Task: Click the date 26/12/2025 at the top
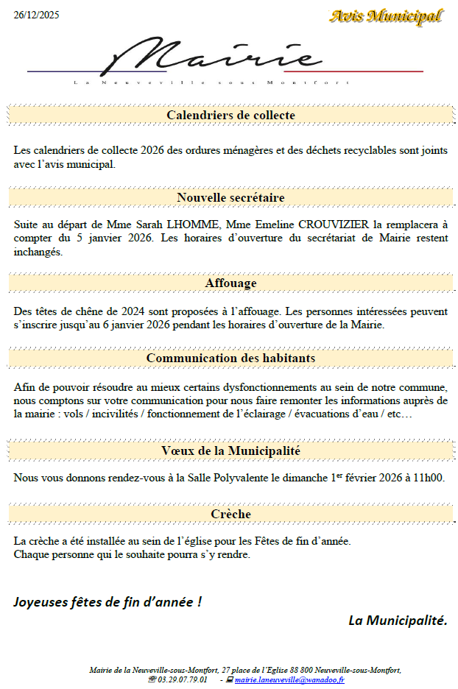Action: coord(37,15)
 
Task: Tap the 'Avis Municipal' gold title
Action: coord(386,16)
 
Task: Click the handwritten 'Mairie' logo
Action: coord(214,57)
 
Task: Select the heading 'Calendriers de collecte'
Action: coord(230,116)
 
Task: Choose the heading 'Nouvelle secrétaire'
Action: coord(230,198)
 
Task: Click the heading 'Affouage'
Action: coord(230,283)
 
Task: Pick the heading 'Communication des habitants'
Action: coord(230,358)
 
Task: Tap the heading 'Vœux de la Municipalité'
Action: coord(230,451)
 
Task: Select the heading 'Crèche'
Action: coord(230,514)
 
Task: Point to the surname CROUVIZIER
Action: coord(332,224)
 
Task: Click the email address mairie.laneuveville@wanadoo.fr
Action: coord(289,680)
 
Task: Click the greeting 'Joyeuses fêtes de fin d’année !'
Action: coord(108,602)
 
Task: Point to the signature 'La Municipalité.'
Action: coord(398,621)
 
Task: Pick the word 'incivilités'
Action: coord(112,414)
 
